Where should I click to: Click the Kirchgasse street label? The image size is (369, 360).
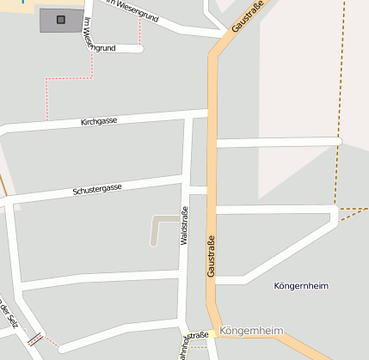(99, 121)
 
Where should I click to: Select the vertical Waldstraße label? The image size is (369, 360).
(183, 226)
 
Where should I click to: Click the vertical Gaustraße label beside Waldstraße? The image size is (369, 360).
(210, 255)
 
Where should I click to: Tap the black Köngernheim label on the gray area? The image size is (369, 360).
(301, 285)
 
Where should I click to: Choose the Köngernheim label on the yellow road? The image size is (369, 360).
(251, 331)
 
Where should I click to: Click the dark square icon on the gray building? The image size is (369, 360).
(60, 19)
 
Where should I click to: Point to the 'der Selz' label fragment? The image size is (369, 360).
(8, 314)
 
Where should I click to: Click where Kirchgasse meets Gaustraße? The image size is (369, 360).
(210, 112)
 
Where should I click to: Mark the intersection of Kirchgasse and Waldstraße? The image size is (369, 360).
(188, 116)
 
